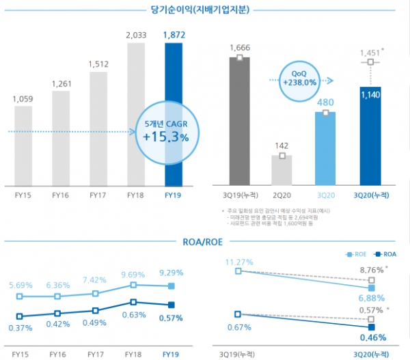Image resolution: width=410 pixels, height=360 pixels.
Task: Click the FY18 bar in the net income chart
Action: point(136,114)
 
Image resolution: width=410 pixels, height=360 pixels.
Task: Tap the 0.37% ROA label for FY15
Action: point(20,329)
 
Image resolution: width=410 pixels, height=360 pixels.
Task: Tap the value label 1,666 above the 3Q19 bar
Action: point(240,46)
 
